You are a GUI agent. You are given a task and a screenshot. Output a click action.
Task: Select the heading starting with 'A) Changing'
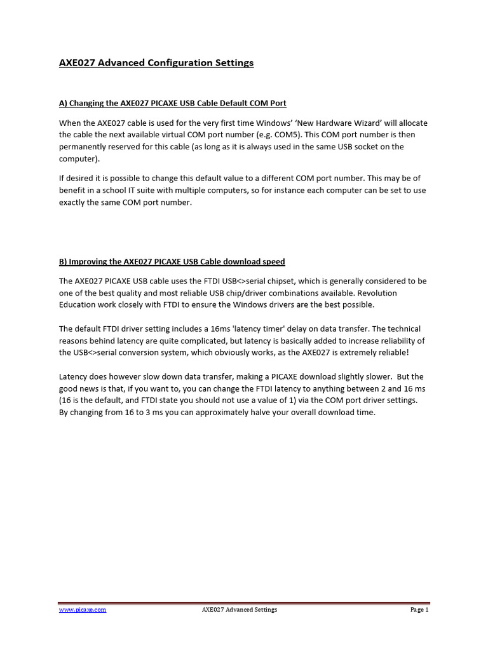click(172, 103)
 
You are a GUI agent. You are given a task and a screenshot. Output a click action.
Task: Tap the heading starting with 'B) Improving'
click(172, 261)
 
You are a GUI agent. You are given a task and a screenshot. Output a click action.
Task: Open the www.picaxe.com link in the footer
click(83, 610)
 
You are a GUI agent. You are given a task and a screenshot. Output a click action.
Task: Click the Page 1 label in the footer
click(419, 610)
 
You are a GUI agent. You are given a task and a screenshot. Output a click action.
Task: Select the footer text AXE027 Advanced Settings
click(240, 610)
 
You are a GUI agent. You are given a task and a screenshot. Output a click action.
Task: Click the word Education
click(79, 305)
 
